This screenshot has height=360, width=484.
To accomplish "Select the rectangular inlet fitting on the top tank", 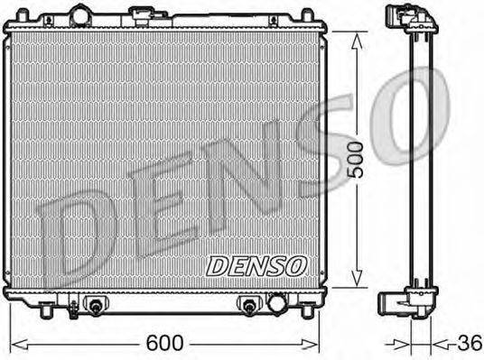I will pos(143,15).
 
